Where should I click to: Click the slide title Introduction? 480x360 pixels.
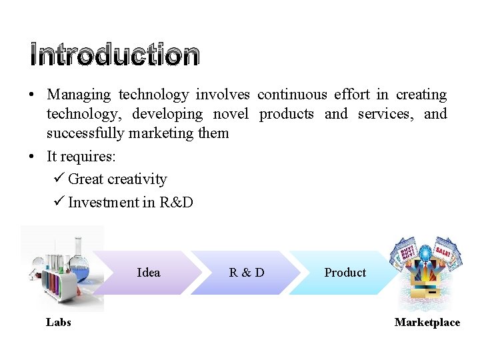[x=114, y=55]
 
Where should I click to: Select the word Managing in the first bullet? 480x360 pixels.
[x=78, y=95]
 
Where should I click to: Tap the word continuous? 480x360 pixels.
[x=292, y=95]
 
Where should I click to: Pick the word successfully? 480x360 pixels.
[x=85, y=133]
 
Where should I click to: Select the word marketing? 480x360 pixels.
[x=161, y=133]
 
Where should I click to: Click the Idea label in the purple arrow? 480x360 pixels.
[x=148, y=272]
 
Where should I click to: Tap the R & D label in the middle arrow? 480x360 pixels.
[x=246, y=272]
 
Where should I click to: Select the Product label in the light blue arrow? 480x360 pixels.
[x=345, y=272]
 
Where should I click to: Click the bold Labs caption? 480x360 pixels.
[x=59, y=323]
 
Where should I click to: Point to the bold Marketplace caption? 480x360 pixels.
[x=427, y=323]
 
